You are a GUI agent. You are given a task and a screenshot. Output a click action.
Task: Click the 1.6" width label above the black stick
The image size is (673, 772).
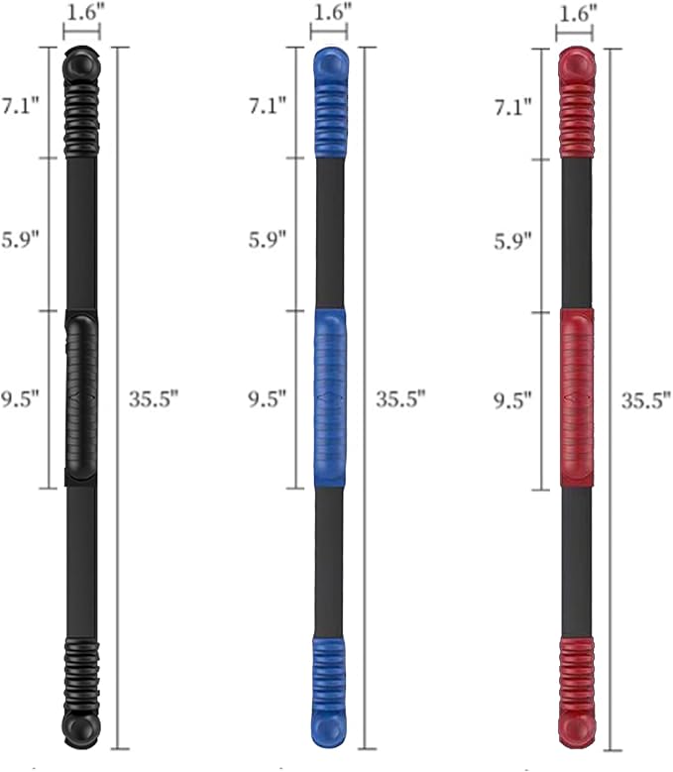tap(81, 13)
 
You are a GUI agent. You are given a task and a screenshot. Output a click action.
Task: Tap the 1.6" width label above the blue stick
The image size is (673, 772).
tap(329, 13)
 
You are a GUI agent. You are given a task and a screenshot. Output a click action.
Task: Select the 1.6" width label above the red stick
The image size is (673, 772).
tap(576, 14)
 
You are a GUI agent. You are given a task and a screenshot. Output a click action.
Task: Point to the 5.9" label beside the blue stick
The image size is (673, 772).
tap(266, 239)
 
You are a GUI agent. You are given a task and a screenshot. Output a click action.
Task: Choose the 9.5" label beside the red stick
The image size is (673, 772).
tap(513, 399)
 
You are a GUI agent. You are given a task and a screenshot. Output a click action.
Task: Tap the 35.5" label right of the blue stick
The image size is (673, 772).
tap(399, 399)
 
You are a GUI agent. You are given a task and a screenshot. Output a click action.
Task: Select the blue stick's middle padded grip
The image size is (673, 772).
tap(329, 396)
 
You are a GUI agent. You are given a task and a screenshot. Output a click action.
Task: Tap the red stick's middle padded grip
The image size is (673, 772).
tap(576, 396)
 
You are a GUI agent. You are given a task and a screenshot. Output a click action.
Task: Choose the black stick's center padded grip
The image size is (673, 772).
tap(81, 396)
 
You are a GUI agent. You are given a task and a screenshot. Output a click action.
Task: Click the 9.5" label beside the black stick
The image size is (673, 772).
tap(19, 399)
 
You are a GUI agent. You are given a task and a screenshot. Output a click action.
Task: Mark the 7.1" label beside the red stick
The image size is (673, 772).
tap(513, 103)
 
